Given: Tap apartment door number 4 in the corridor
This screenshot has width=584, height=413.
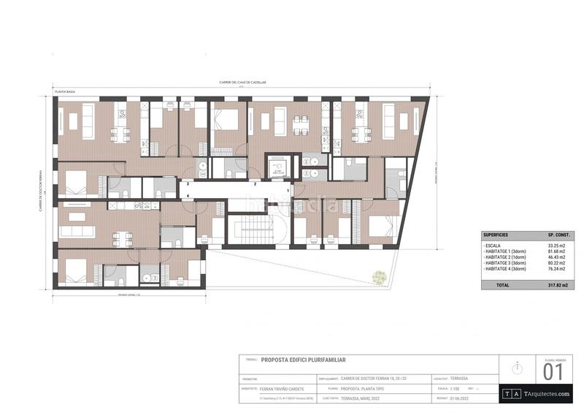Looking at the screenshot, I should click(188, 196).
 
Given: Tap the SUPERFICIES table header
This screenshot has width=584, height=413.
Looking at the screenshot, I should click(496, 235).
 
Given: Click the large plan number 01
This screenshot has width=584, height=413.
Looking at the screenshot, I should click(553, 373).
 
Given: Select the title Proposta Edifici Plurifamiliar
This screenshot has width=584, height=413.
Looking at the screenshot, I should click(303, 360).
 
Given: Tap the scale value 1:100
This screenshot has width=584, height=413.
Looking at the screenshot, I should click(455, 389).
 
